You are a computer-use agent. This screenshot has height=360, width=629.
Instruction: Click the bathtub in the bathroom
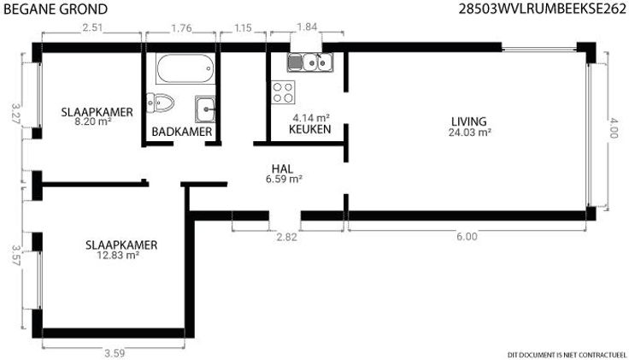pyautogui.click(x=184, y=68)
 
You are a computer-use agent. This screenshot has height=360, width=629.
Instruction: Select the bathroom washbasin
pyautogui.click(x=205, y=109)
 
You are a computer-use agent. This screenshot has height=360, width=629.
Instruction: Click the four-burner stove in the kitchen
pyautogui.click(x=283, y=92)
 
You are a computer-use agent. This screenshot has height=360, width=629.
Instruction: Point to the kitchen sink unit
pyautogui.click(x=310, y=62)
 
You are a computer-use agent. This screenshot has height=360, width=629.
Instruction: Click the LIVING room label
pyautogui.click(x=469, y=121)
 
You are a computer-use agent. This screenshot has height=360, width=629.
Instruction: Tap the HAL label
pyautogui.click(x=282, y=169)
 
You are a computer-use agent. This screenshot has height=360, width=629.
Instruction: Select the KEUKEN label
pyautogui.click(x=310, y=129)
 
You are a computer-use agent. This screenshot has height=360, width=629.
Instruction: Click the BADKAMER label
pyautogui.click(x=182, y=132)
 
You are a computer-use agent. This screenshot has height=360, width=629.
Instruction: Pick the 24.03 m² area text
pyautogui.click(x=470, y=133)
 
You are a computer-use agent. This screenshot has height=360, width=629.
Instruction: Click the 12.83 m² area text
pyautogui.click(x=118, y=256)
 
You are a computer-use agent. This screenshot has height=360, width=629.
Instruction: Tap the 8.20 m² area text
pyautogui.click(x=93, y=121)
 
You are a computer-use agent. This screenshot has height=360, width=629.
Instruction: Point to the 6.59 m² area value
pyautogui.click(x=284, y=179)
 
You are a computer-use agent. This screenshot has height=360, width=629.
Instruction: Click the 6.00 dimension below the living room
pyautogui.click(x=467, y=236)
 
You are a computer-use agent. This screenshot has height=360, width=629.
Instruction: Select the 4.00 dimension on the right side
pyautogui.click(x=614, y=127)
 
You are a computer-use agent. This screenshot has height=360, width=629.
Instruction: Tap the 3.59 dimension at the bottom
pyautogui.click(x=115, y=353)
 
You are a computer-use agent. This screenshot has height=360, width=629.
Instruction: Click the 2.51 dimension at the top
pyautogui.click(x=92, y=27)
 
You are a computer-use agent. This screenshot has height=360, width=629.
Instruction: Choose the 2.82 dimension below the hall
pyautogui.click(x=287, y=237)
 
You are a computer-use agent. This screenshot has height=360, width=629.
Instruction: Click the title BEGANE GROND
pyautogui.click(x=56, y=9)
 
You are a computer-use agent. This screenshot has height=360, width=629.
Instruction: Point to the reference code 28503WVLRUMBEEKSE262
pyautogui.click(x=543, y=9)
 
